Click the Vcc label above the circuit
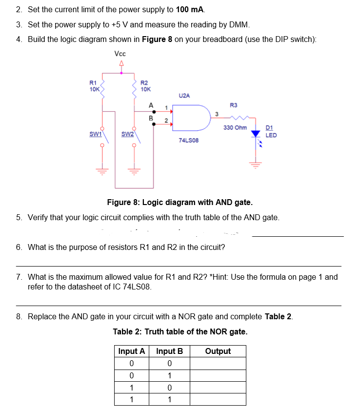(120, 53)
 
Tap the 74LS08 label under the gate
(188, 141)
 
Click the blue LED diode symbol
(255, 134)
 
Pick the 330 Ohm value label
(235, 127)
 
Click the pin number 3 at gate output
(216, 113)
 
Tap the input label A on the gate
(151, 105)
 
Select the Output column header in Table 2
(218, 351)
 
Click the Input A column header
(132, 351)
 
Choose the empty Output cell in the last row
(218, 399)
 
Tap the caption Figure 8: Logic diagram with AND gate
(180, 202)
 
